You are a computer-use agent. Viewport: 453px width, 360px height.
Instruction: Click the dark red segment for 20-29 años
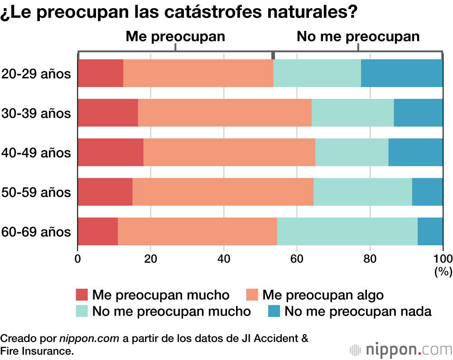(x=101, y=73)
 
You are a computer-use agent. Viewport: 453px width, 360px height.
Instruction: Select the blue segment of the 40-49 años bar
(x=415, y=152)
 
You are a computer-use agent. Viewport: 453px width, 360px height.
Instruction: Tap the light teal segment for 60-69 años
(x=347, y=231)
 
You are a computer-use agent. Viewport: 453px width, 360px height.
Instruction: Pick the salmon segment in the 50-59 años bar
(x=223, y=192)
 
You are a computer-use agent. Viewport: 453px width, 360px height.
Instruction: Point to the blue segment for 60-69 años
(x=430, y=231)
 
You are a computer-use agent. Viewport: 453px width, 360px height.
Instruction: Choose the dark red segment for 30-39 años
(x=108, y=112)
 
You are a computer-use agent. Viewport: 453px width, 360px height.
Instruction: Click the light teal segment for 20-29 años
(x=317, y=73)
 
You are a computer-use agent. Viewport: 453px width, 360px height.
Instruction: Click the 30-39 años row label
(x=36, y=113)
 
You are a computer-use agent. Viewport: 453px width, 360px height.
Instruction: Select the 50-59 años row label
(x=36, y=192)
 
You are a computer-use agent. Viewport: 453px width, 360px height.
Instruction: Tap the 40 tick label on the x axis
(x=223, y=259)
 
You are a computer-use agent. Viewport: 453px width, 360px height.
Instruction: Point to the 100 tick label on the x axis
(x=443, y=259)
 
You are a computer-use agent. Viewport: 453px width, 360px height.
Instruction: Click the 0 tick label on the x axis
(x=78, y=259)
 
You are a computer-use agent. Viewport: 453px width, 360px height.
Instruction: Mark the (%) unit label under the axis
(x=443, y=272)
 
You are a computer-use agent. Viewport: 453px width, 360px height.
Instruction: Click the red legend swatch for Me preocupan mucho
(x=82, y=295)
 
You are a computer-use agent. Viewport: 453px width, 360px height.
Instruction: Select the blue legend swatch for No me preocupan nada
(x=274, y=311)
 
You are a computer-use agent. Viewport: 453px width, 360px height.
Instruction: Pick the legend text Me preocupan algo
(x=323, y=295)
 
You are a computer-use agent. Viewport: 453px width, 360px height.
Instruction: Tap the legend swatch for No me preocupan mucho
(x=82, y=311)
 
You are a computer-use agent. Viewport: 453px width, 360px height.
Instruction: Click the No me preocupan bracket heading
(x=358, y=37)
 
